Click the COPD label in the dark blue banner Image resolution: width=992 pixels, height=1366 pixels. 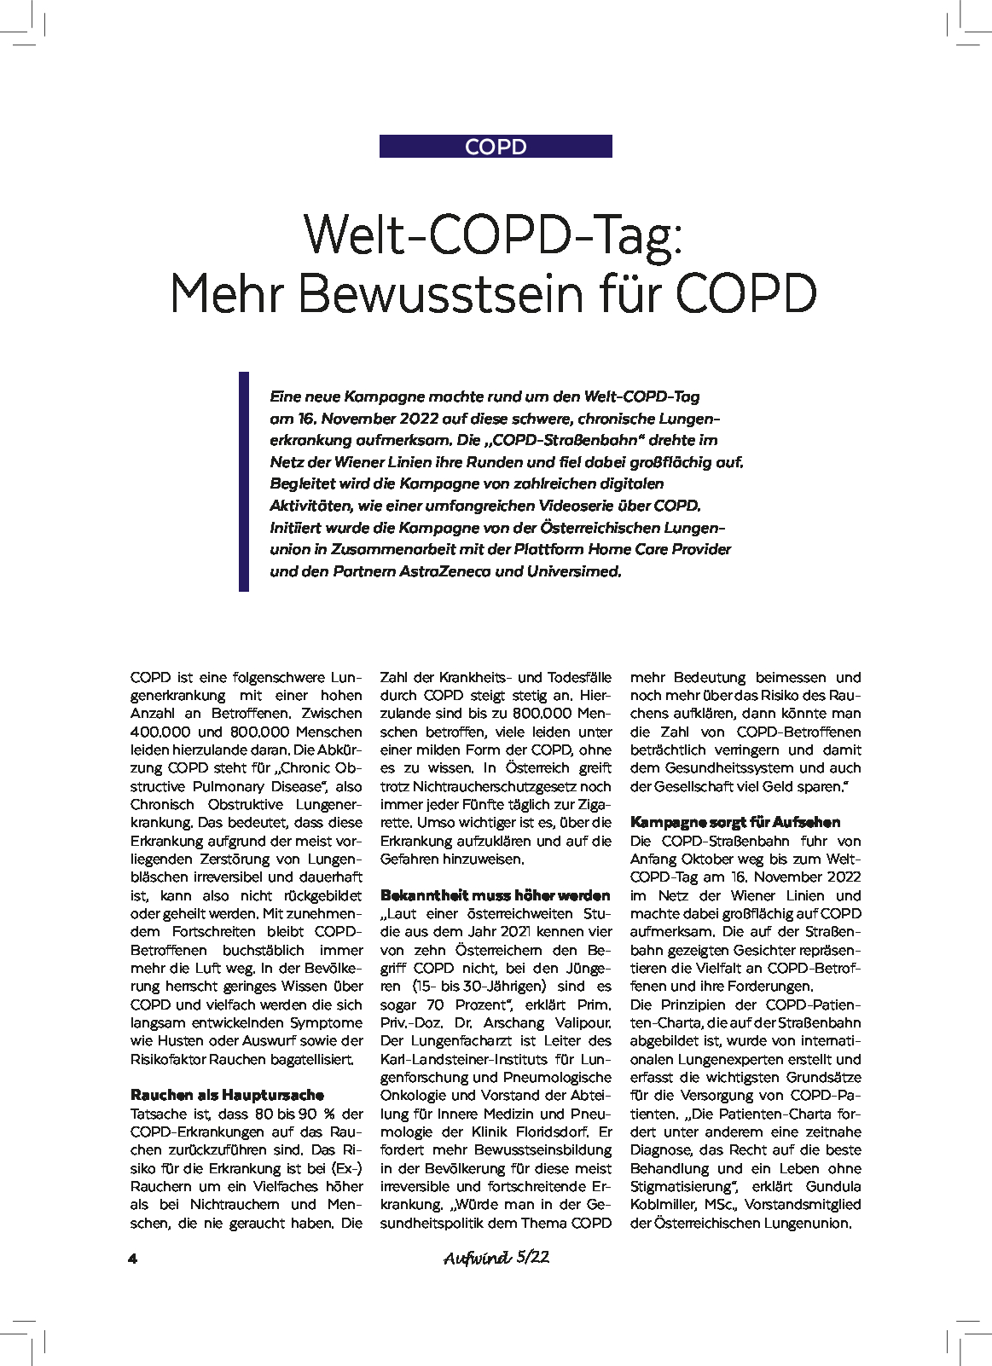click(496, 147)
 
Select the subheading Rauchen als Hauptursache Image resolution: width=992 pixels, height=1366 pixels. click(227, 1095)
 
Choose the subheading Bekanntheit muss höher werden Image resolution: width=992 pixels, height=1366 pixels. click(496, 895)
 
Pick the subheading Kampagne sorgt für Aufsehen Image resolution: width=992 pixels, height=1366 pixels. click(735, 822)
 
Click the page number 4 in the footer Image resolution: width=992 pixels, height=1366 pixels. click(132, 1259)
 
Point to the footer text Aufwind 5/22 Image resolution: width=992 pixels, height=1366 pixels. click(496, 1258)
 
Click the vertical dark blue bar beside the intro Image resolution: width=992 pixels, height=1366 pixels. click(244, 481)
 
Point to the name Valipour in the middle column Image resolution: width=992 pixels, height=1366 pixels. click(583, 1022)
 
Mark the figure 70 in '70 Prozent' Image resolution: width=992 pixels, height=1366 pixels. click(435, 1004)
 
